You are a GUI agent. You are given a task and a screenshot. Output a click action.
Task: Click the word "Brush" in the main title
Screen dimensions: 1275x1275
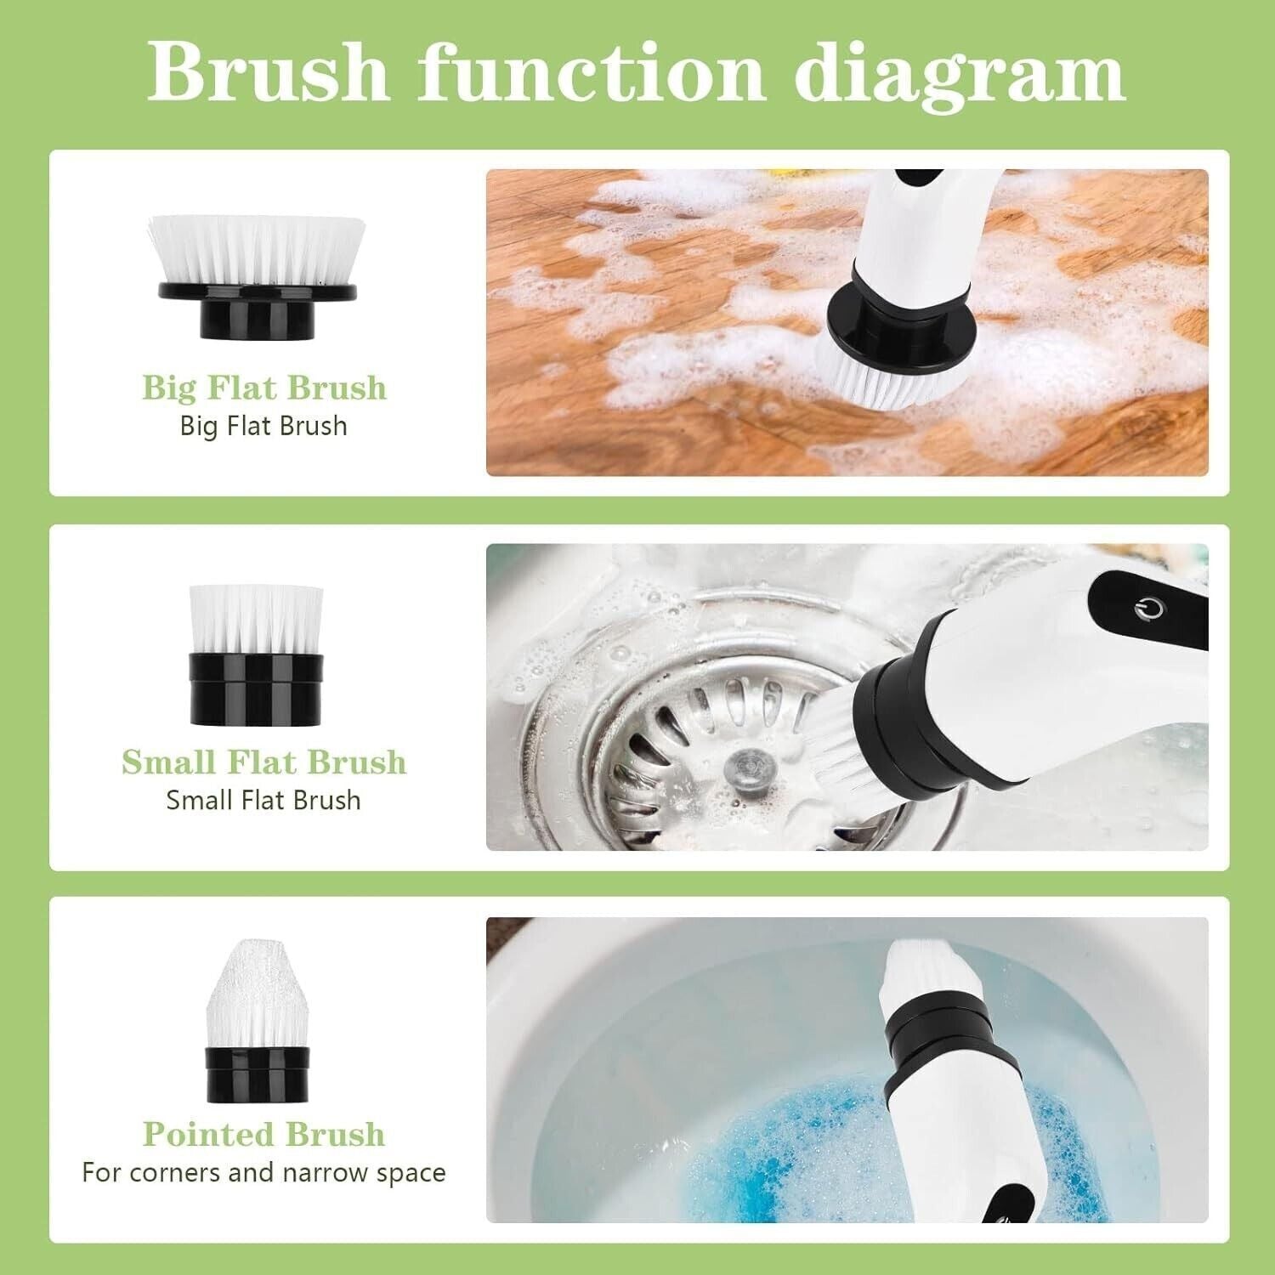point(269,73)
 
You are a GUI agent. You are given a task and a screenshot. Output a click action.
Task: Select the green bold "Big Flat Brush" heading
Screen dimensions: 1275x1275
point(264,388)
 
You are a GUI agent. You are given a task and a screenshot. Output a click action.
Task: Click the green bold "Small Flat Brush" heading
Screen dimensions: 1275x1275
point(264,762)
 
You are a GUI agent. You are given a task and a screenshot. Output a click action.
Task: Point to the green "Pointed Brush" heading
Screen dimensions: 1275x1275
point(264,1134)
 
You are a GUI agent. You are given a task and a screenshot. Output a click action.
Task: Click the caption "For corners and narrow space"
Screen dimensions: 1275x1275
point(264,1173)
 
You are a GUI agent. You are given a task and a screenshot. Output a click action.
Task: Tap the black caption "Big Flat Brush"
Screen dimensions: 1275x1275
point(264,426)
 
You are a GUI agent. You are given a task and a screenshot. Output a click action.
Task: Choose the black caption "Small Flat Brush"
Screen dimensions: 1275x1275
point(264,800)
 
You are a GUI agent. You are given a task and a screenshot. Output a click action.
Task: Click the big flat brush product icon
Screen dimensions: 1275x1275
point(258,277)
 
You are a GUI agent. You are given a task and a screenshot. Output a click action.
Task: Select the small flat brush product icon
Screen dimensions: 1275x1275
point(256,655)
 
